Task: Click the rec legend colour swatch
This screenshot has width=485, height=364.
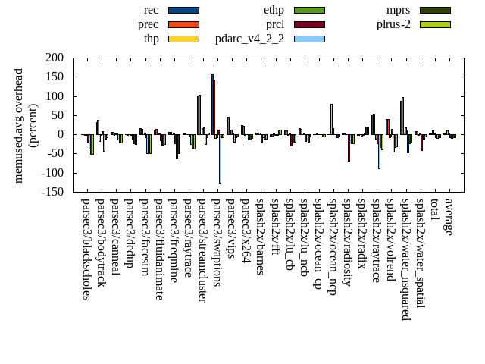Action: click(183, 10)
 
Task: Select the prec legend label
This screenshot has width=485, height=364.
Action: click(149, 24)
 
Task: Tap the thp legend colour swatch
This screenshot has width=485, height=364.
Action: click(183, 39)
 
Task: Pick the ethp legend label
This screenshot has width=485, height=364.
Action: click(274, 10)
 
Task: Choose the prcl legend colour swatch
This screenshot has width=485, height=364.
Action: click(309, 24)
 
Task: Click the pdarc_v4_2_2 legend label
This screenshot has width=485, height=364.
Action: click(249, 39)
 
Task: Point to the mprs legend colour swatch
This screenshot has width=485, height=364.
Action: click(435, 10)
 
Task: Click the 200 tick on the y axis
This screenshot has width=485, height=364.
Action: click(54, 58)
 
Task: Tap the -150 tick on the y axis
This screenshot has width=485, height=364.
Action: click(52, 192)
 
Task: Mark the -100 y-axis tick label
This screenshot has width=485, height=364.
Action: click(52, 173)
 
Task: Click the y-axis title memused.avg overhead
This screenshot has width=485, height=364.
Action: click(19, 125)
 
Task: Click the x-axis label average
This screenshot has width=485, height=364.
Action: click(449, 217)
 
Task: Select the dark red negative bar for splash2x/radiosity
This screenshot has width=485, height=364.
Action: click(349, 148)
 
